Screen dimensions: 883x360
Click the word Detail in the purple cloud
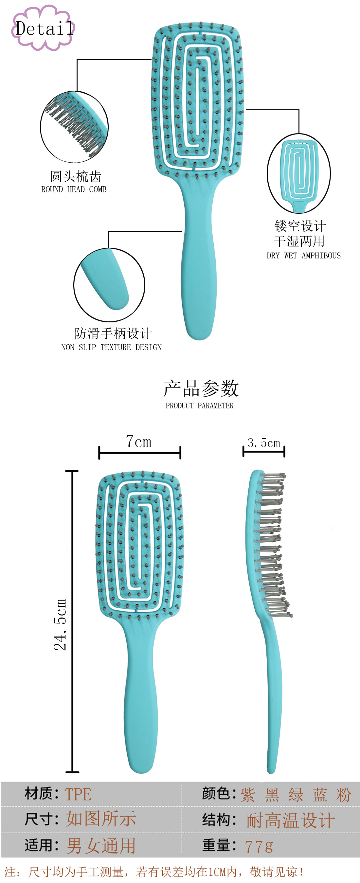45,28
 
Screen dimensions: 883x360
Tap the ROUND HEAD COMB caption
74,189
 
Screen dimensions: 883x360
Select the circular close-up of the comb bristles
74,127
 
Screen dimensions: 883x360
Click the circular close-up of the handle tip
109,285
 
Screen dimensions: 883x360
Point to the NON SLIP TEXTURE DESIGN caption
111,347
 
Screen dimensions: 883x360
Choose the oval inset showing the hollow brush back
298,173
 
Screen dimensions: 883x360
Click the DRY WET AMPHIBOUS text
303,255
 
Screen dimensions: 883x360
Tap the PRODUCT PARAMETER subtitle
200,405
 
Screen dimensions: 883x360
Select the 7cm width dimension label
138,441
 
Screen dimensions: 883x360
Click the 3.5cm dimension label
264,443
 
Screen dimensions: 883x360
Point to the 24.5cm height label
60,624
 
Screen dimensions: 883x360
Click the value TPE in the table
78,794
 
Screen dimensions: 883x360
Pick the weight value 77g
259,846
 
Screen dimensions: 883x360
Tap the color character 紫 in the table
247,795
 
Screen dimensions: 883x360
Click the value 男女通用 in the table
101,846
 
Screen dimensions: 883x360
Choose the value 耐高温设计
290,820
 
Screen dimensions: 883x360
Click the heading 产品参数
201,388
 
